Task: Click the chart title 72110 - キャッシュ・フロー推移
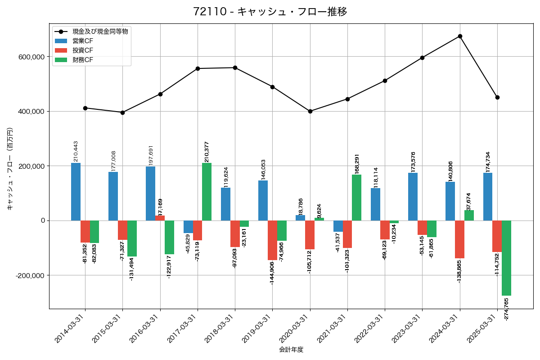point(270,12)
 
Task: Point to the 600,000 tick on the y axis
point(31,57)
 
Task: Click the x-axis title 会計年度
point(291,350)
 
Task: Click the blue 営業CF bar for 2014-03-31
point(76,192)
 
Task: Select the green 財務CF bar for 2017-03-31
point(207,192)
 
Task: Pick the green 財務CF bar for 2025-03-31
point(506,258)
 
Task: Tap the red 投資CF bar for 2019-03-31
point(272,240)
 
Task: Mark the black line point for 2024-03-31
point(460,36)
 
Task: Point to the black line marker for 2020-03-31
point(310,111)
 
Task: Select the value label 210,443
point(76,151)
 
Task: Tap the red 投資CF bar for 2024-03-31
point(459,239)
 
